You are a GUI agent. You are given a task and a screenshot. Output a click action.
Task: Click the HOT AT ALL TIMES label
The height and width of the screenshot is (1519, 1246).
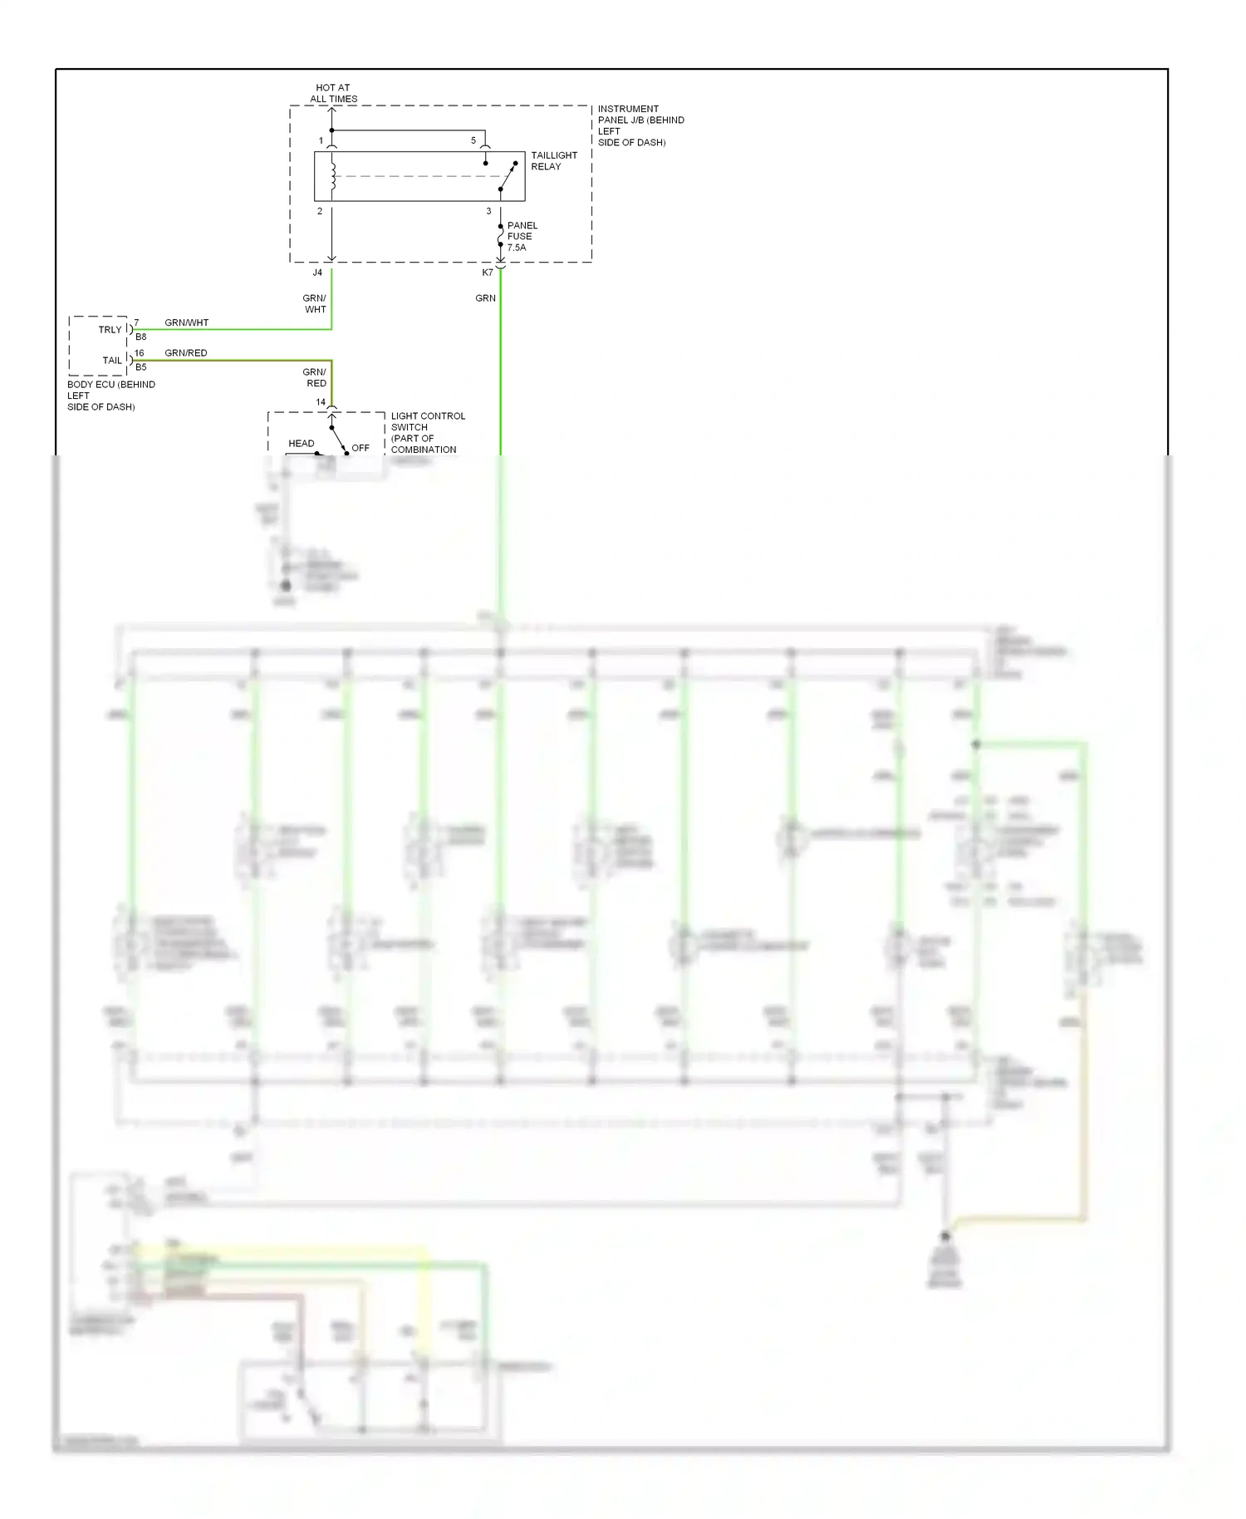click(333, 93)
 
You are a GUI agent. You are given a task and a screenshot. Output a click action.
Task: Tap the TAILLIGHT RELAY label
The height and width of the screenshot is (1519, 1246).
click(553, 160)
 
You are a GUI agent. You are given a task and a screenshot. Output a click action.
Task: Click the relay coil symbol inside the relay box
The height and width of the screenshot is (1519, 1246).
click(332, 176)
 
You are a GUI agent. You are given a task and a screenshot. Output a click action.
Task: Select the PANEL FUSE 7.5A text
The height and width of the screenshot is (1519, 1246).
click(522, 236)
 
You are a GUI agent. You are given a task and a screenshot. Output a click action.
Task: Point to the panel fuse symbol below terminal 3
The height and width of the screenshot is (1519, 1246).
click(500, 236)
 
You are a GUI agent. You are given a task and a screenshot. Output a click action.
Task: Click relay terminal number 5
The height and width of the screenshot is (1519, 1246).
click(473, 140)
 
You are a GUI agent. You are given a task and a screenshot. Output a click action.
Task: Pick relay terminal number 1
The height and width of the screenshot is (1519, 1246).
click(321, 140)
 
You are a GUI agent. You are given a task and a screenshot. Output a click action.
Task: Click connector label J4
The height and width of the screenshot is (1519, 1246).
click(317, 273)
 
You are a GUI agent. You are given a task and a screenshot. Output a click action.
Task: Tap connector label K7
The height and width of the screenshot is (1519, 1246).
click(488, 273)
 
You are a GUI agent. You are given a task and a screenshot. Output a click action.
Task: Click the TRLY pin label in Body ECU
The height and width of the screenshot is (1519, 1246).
click(110, 330)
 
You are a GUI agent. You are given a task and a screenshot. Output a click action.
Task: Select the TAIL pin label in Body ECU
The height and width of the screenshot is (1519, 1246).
click(112, 361)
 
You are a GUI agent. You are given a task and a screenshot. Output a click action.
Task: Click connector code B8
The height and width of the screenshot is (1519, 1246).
click(141, 337)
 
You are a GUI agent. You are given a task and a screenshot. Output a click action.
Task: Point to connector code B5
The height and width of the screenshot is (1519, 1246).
click(141, 367)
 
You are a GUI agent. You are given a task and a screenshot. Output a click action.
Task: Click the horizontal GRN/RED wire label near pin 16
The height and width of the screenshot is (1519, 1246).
click(186, 353)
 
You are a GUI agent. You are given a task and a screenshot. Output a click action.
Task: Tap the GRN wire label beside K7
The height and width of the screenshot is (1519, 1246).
click(485, 298)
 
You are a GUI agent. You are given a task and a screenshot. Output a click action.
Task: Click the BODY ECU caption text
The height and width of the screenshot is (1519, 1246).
click(110, 396)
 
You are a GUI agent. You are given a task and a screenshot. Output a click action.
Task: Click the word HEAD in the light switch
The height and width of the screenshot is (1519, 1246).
click(301, 444)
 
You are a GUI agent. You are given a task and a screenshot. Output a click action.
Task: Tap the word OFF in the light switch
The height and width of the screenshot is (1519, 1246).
click(360, 448)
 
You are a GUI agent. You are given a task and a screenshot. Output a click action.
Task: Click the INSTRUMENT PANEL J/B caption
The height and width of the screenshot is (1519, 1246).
click(640, 125)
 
